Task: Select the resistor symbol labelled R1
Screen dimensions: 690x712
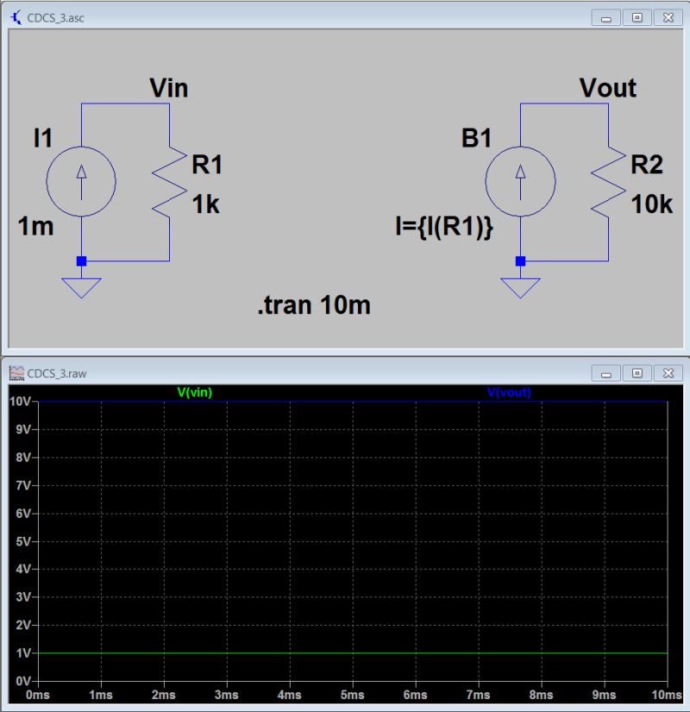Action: (x=170, y=180)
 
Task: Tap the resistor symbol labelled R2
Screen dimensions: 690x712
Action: (x=609, y=180)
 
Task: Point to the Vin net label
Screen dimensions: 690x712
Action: (x=168, y=87)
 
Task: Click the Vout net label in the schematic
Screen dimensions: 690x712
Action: (x=607, y=87)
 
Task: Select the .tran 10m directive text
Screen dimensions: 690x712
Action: (x=313, y=305)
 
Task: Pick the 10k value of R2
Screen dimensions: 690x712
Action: (x=651, y=205)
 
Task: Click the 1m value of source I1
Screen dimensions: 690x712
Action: (x=36, y=228)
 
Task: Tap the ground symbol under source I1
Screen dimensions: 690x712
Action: (x=82, y=286)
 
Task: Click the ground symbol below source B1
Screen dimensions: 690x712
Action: (x=520, y=286)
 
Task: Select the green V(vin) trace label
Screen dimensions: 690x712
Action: (x=194, y=392)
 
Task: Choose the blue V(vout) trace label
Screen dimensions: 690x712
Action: (x=509, y=392)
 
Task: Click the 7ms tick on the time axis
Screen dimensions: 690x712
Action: (x=478, y=695)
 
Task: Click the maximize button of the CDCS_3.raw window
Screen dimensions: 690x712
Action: (x=637, y=373)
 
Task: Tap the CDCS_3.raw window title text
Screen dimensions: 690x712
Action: (x=57, y=374)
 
